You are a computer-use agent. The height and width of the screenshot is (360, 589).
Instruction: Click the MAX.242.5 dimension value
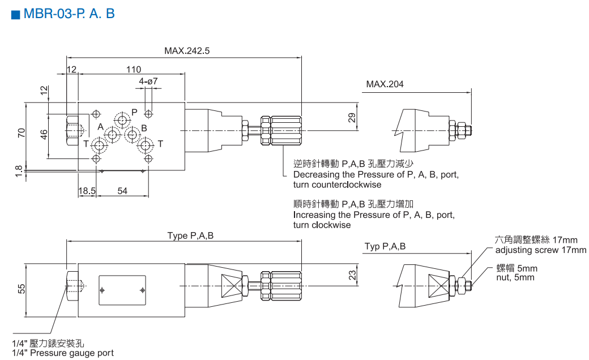pyautogui.click(x=187, y=51)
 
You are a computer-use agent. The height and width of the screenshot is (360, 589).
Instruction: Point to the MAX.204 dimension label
pyautogui.click(x=385, y=85)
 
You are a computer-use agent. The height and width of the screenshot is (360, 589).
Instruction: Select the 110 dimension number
pyautogui.click(x=134, y=70)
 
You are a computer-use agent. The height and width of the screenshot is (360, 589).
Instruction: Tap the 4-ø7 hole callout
pyautogui.click(x=148, y=82)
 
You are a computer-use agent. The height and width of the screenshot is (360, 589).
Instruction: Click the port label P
pyautogui.click(x=135, y=112)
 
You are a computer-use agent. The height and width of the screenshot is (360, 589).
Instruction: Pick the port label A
pyautogui.click(x=100, y=127)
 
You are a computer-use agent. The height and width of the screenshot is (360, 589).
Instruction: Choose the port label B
pyautogui.click(x=144, y=128)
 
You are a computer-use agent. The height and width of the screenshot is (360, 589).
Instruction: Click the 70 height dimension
pyautogui.click(x=22, y=134)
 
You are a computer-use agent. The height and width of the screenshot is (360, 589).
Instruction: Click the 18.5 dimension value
pyautogui.click(x=87, y=191)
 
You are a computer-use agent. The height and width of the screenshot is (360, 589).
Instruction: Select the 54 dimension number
pyautogui.click(x=122, y=191)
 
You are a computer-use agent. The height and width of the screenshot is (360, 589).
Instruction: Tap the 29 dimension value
pyautogui.click(x=352, y=117)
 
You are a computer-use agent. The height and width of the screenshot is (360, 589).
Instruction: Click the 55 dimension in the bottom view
pyautogui.click(x=22, y=289)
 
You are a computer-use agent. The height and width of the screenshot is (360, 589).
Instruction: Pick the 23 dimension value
pyautogui.click(x=352, y=275)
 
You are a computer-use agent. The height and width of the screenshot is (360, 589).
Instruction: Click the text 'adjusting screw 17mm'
pyautogui.click(x=541, y=250)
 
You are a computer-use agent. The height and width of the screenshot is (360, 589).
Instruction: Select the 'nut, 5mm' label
pyautogui.click(x=515, y=277)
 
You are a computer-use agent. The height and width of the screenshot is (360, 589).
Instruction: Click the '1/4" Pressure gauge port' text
pyautogui.click(x=62, y=353)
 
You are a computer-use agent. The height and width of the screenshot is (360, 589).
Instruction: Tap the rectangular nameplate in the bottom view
pyautogui.click(x=122, y=290)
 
